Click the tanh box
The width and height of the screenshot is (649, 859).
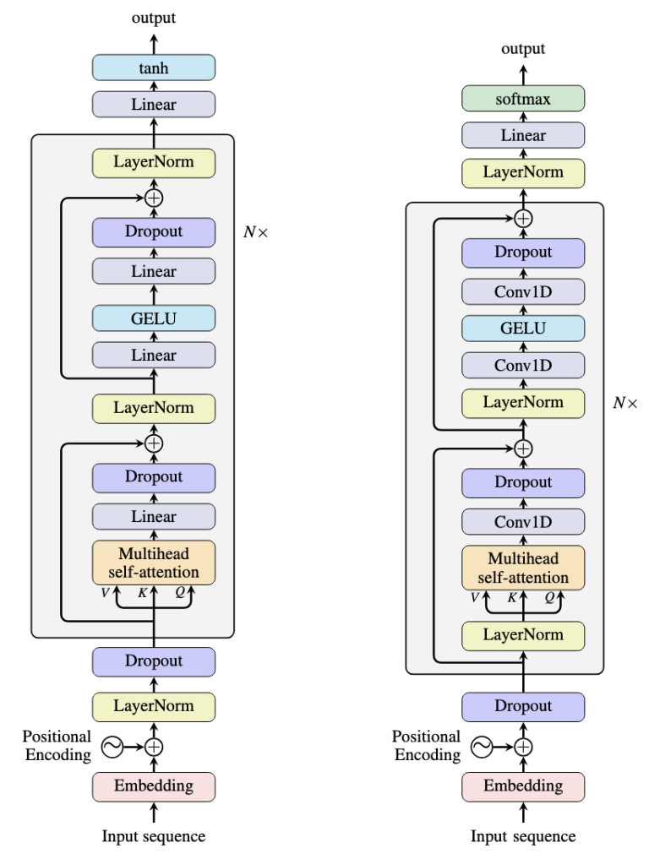click(154, 67)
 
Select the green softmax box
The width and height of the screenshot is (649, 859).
click(523, 100)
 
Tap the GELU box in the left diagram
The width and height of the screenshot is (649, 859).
click(154, 318)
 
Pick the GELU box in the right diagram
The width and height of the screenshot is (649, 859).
click(523, 328)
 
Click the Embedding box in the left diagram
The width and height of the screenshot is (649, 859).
click(154, 786)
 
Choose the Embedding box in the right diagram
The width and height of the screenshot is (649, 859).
click(523, 786)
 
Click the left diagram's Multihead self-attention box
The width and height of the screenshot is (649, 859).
click(154, 562)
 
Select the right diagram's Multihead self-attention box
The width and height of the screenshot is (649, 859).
click(523, 568)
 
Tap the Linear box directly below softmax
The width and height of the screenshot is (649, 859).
click(523, 135)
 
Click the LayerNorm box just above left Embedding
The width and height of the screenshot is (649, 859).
click(154, 704)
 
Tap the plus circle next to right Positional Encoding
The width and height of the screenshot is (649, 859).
click(523, 746)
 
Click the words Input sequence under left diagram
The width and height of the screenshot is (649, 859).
click(154, 837)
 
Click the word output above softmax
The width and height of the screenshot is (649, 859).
click(523, 49)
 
